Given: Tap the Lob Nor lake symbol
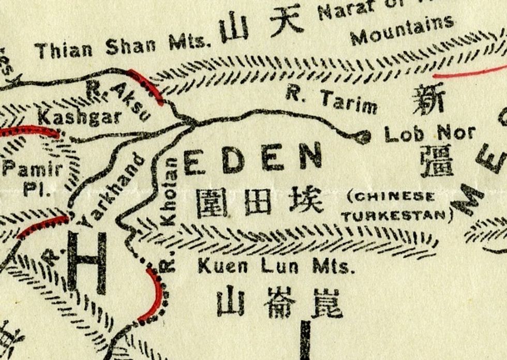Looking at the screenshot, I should [x=364, y=137].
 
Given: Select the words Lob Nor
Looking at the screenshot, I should [x=429, y=133].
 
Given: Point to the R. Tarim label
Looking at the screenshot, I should [x=331, y=99].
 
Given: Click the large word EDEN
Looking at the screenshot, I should [x=252, y=158].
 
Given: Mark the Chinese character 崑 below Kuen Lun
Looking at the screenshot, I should [x=326, y=302].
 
